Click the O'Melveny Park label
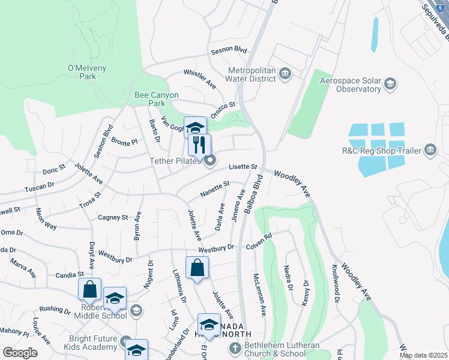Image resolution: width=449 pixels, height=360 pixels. pos(82,71)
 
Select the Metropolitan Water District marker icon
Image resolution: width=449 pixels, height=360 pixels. pos(285,74)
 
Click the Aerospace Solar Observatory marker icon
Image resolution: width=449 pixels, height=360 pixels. pos(390,83)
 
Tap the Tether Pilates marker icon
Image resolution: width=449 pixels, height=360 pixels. pos(209,160)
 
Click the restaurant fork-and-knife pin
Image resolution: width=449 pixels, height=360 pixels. pos(199,144)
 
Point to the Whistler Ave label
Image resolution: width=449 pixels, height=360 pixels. pos(200,79)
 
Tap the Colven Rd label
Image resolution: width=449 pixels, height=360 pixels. pos(259,239)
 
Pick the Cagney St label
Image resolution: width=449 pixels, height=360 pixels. pos(113,217)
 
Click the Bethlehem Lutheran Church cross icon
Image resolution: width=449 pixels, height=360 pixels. pos(235,347)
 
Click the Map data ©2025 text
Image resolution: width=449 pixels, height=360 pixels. pos(423,355)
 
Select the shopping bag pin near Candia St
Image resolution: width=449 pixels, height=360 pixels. pos(89,289)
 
